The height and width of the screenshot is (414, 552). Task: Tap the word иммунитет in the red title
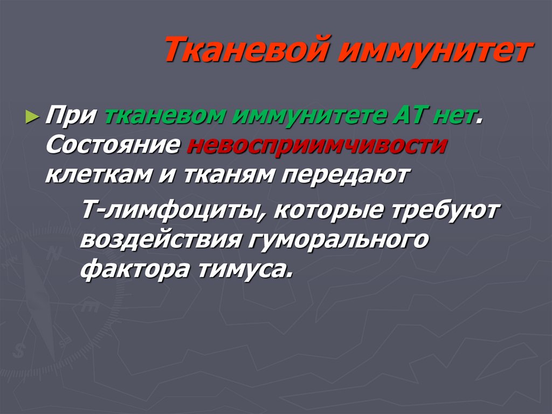[436, 50]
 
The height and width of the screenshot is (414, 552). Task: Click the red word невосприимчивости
[318, 146]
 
